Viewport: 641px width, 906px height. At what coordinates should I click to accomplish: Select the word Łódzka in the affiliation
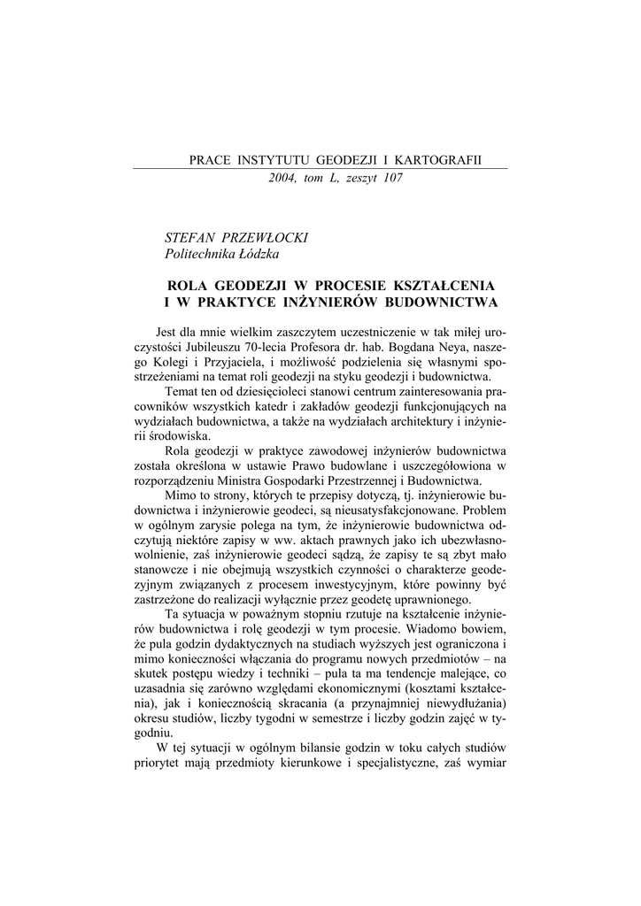click(x=255, y=254)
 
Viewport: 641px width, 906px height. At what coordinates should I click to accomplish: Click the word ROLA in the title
click(x=189, y=288)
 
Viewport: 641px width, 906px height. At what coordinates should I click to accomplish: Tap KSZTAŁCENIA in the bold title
click(x=446, y=288)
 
